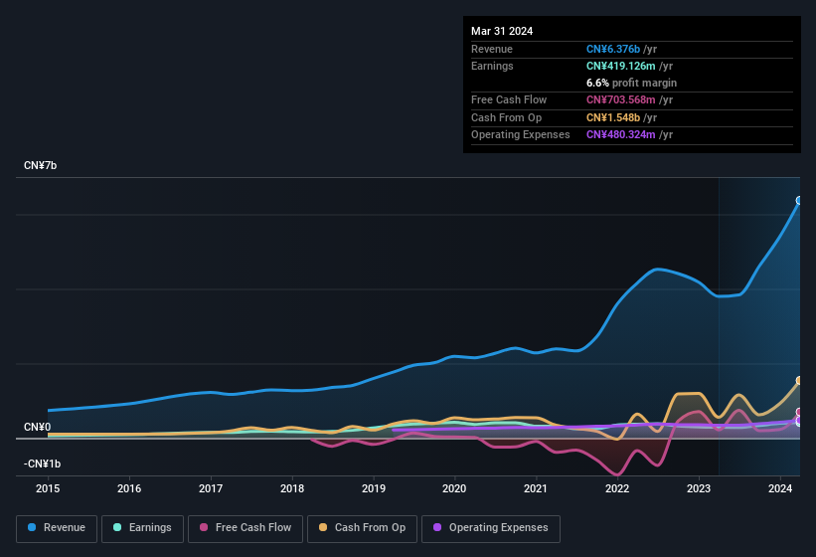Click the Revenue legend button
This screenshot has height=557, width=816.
click(x=58, y=528)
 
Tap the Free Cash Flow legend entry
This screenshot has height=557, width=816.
click(x=245, y=528)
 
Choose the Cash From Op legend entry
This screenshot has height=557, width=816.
click(x=363, y=528)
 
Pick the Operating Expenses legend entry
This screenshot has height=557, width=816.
click(x=491, y=528)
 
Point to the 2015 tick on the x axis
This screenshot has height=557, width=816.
click(x=49, y=488)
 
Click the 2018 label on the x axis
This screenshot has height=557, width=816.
click(x=292, y=488)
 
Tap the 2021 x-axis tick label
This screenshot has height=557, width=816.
click(x=536, y=488)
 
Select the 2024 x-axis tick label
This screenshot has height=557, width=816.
click(x=779, y=488)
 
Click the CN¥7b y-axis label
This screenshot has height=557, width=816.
click(x=41, y=165)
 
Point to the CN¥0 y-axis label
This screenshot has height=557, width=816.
click(x=37, y=428)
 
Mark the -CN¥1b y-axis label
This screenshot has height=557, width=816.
click(x=43, y=464)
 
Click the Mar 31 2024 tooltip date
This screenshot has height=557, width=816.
click(x=502, y=31)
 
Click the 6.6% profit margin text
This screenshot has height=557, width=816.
click(x=631, y=83)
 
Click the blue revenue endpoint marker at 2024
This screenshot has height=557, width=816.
click(x=799, y=201)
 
